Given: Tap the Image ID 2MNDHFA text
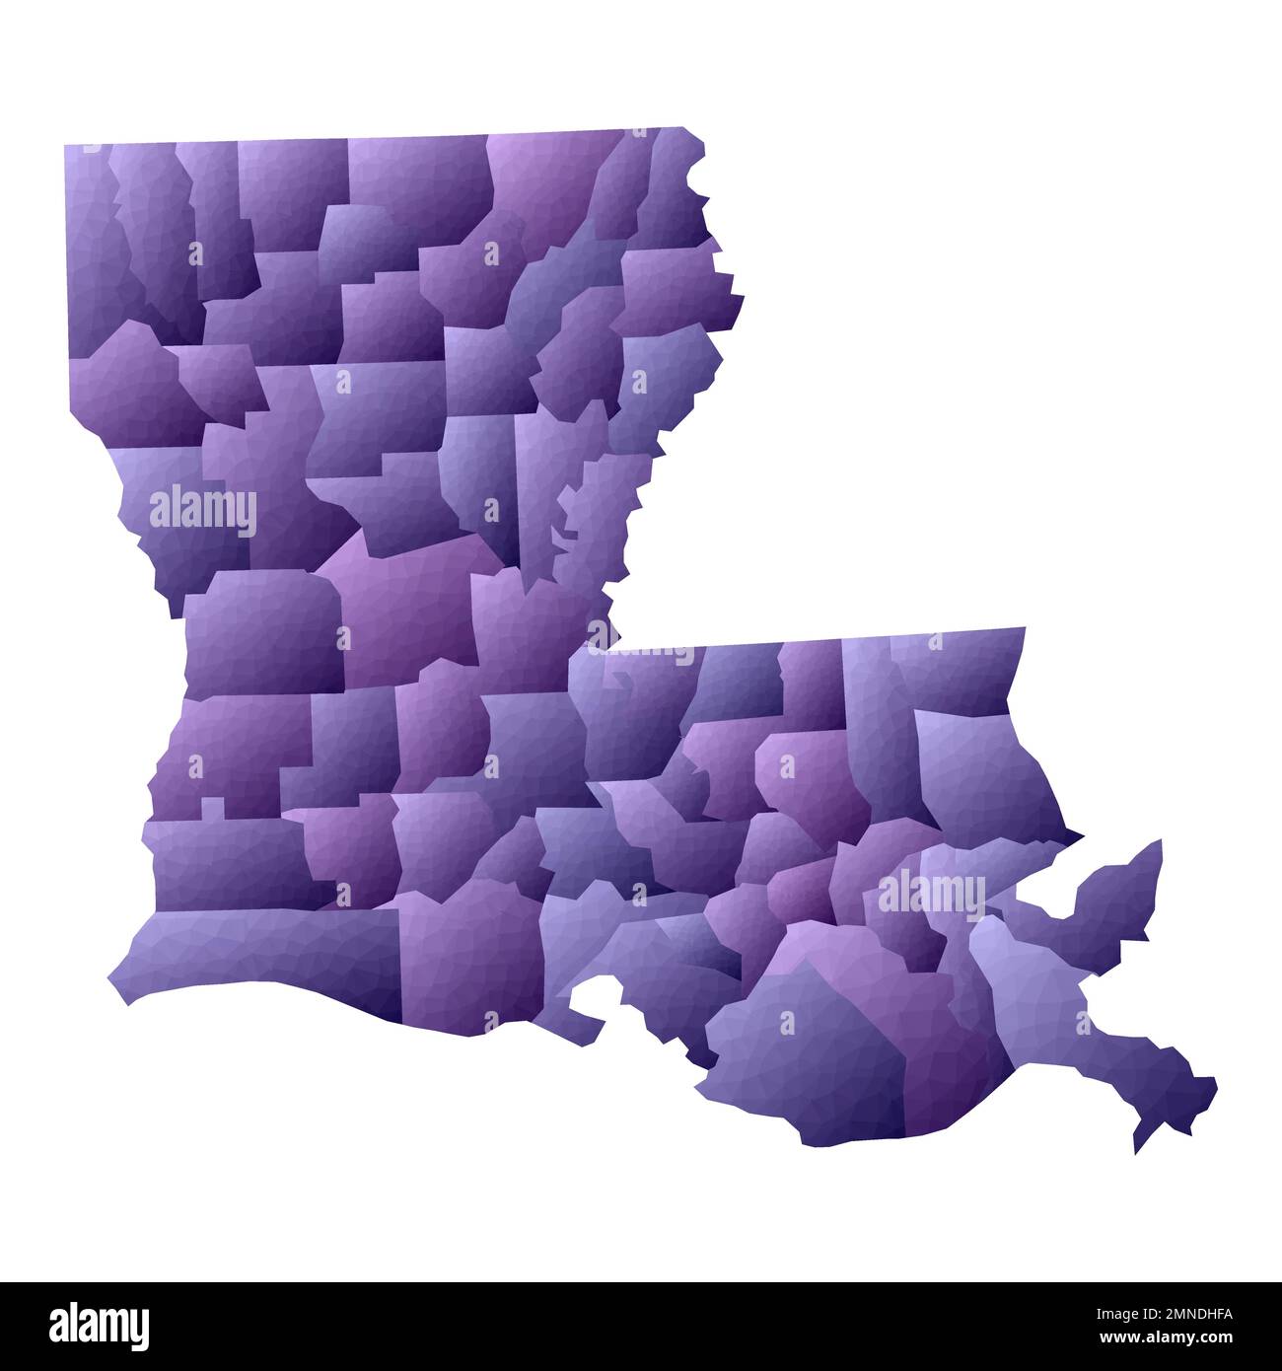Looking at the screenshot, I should coord(1149,1312).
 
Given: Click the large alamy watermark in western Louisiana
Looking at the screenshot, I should coord(203,511).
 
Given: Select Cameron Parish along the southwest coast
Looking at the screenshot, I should coord(256,947).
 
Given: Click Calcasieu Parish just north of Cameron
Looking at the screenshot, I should coord(227,858).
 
